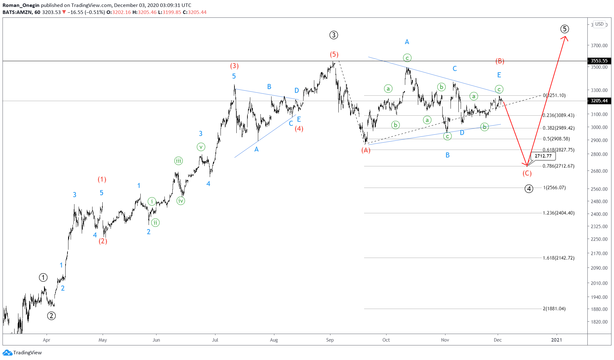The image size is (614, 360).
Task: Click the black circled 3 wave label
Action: [x=334, y=35]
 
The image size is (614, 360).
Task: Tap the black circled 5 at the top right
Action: [x=565, y=29]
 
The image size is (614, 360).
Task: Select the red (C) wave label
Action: [x=527, y=173]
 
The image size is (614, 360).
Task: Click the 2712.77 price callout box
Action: [x=543, y=156]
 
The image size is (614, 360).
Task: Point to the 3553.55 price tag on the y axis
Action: [x=599, y=61]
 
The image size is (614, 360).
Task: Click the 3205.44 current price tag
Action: [x=599, y=101]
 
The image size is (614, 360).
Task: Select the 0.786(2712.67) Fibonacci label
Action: [x=558, y=166]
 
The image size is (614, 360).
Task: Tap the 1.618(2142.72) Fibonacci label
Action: [x=558, y=258]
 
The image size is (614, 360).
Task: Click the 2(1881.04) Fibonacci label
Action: [x=554, y=309]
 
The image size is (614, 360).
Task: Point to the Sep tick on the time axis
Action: [x=330, y=340]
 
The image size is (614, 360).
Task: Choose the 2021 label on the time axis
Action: [x=556, y=340]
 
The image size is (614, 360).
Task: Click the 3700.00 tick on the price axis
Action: [x=599, y=46]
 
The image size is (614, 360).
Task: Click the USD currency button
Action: [x=599, y=24]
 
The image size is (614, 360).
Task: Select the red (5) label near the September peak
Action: [x=334, y=55]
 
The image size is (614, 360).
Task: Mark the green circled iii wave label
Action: [x=179, y=161]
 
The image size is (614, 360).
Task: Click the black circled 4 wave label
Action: [x=529, y=189]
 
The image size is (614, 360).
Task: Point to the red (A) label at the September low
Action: [x=366, y=150]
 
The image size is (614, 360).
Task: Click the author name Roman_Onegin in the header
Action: [x=21, y=5]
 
